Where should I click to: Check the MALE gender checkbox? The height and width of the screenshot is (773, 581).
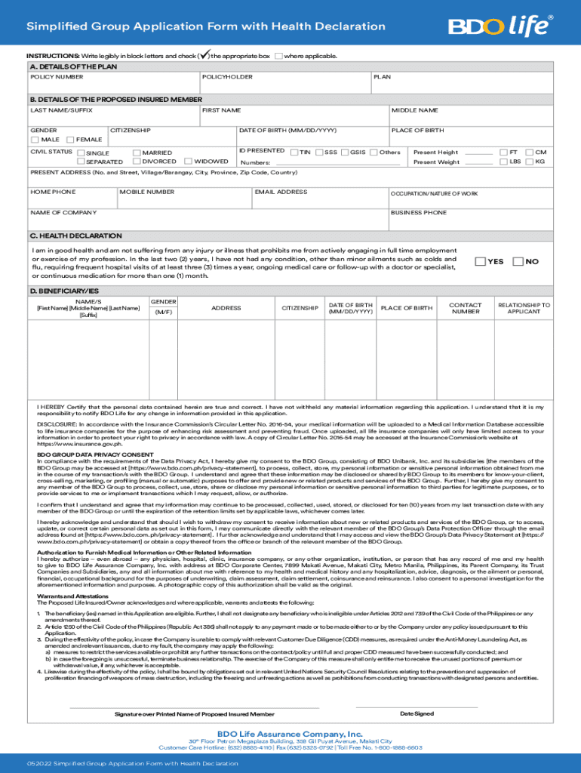click(x=35, y=140)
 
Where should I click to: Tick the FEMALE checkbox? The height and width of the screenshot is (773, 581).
click(x=71, y=140)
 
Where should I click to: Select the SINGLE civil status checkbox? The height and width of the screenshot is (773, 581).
click(x=81, y=152)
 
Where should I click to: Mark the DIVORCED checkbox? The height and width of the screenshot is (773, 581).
click(x=136, y=162)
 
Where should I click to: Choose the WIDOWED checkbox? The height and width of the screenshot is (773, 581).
click(x=189, y=162)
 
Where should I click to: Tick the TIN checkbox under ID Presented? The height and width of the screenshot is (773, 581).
click(x=294, y=152)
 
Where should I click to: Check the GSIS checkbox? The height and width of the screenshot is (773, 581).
click(x=346, y=152)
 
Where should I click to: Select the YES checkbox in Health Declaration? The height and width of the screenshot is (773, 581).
click(x=480, y=261)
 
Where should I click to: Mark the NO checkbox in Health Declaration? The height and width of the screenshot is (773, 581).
click(x=518, y=261)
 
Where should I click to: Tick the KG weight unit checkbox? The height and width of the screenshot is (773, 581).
click(x=529, y=162)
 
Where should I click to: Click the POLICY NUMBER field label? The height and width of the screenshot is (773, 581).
click(x=57, y=77)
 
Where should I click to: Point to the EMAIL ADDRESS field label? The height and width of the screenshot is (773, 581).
click(x=281, y=192)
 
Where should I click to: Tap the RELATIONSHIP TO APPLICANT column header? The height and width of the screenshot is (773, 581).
click(x=524, y=308)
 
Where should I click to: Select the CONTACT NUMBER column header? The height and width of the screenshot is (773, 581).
click(x=466, y=308)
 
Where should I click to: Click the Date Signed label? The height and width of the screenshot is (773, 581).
click(x=417, y=713)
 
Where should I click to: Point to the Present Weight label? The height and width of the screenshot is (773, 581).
click(x=436, y=162)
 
